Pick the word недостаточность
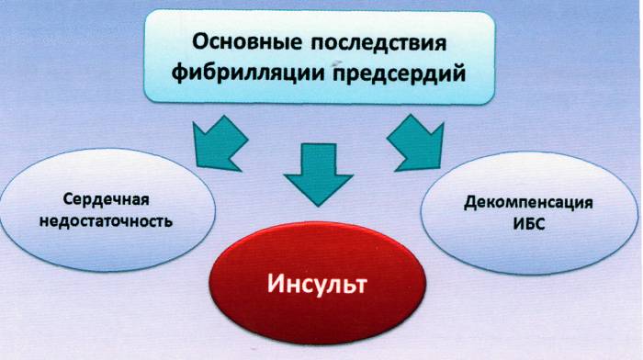click(107, 221)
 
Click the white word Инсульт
click(317, 283)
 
